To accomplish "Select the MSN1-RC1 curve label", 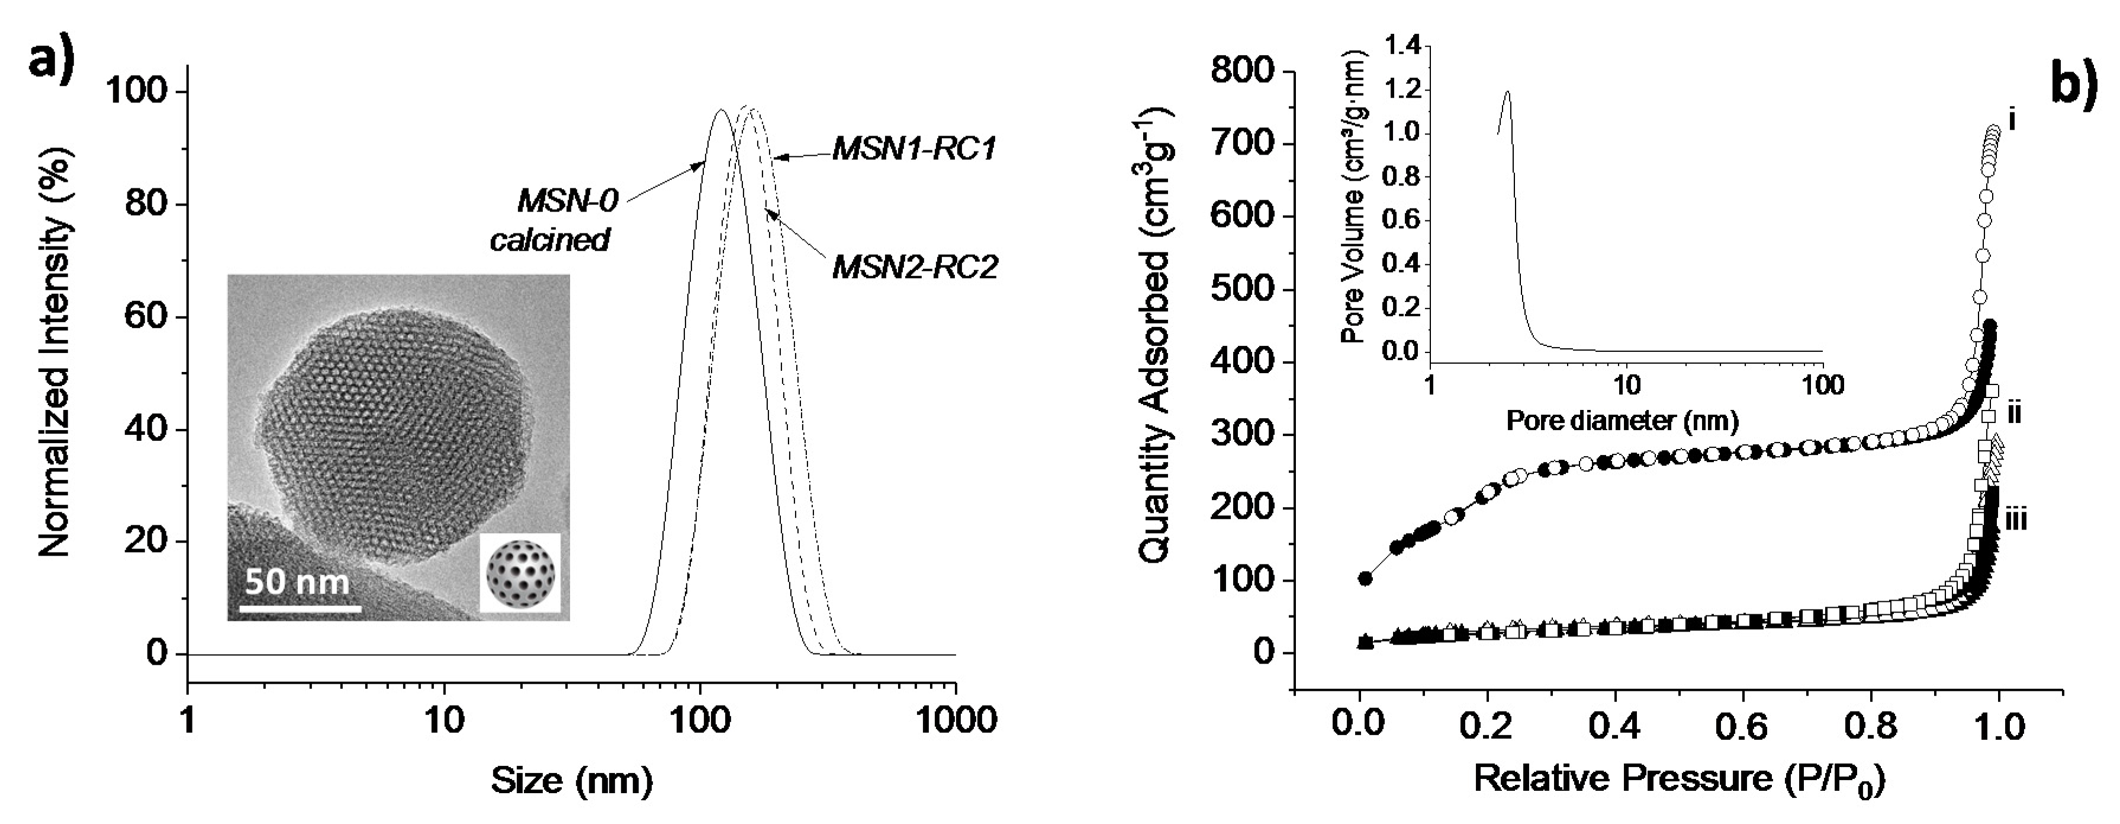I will click(914, 149).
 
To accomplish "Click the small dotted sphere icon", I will click(520, 572).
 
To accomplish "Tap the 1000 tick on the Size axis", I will click(955, 721).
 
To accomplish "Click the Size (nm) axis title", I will click(572, 779).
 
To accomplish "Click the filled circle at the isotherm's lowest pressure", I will click(1365, 579).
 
